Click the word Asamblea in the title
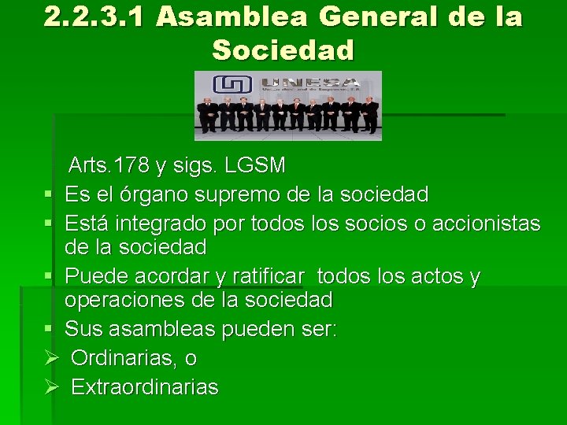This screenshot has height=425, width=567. pyautogui.click(x=222, y=17)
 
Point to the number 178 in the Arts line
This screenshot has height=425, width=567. pyautogui.click(x=134, y=166)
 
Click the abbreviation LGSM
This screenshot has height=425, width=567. pyautogui.click(x=255, y=166)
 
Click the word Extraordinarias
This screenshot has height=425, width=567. pyautogui.click(x=145, y=387)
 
